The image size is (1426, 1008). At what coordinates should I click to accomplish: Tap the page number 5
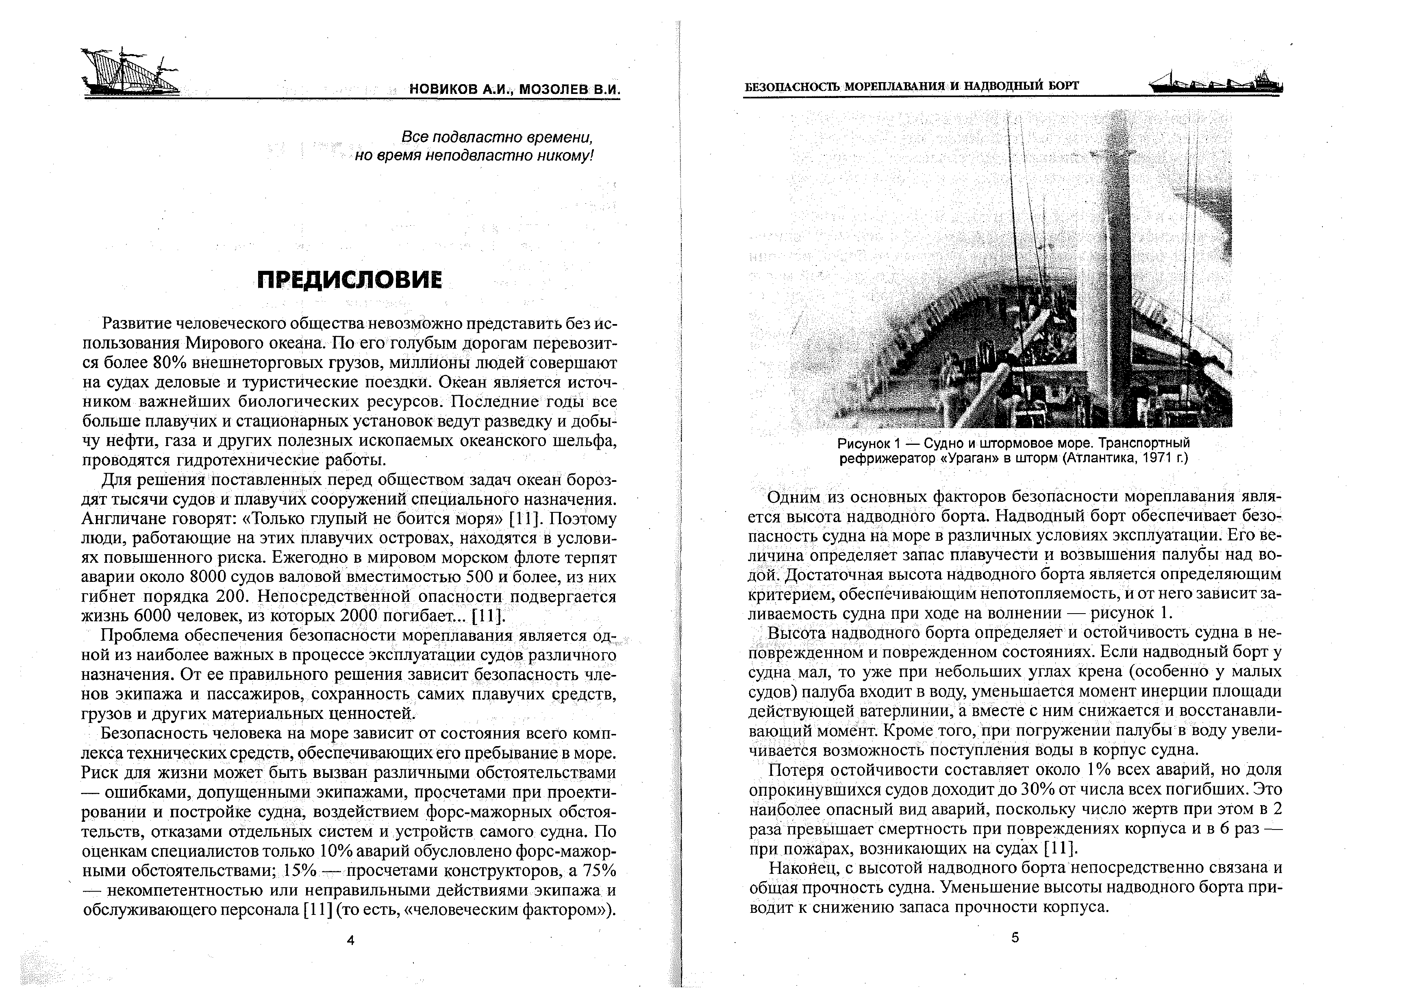pos(1015,938)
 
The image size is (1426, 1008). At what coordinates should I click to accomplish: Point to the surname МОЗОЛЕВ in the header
pos(553,89)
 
